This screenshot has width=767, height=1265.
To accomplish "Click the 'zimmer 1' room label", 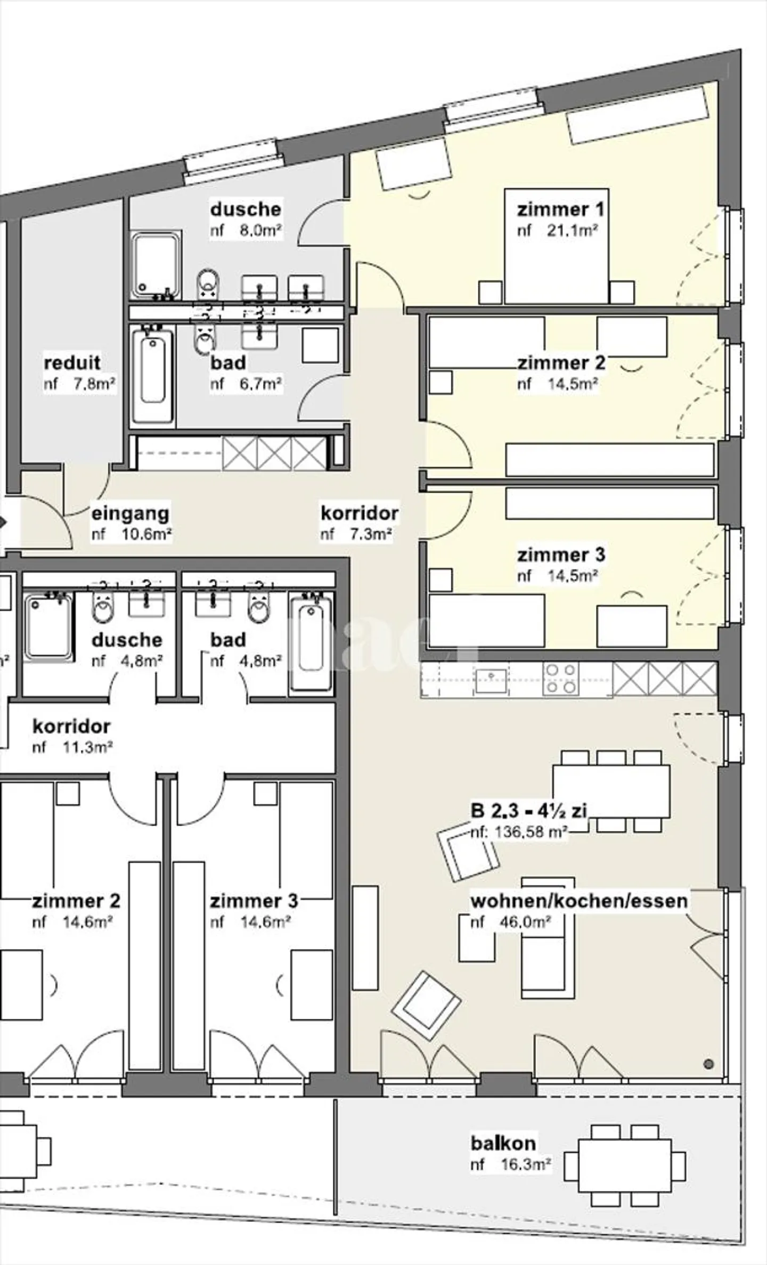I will pos(560,209).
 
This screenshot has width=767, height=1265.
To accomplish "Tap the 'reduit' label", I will pos(72,363).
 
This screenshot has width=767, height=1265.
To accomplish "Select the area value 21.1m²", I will pos(571,231).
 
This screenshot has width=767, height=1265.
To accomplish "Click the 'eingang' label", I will pos(130,513).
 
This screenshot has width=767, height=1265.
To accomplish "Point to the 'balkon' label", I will pos(503,1143).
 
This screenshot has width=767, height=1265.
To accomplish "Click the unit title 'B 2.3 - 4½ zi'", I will pos(528,811).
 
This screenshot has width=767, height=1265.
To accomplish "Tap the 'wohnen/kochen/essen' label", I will pos(579,901).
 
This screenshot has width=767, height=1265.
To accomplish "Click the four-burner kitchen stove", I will pos(560,679).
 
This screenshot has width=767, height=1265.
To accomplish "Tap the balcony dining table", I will pos(624,1165).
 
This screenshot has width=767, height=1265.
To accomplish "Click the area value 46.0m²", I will pos(525,922).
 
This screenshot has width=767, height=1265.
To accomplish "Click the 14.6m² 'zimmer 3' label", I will pos(254,901).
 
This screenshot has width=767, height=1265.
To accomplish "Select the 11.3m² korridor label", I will pos(71,726).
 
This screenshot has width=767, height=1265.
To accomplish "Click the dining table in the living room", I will pos(611,791).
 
